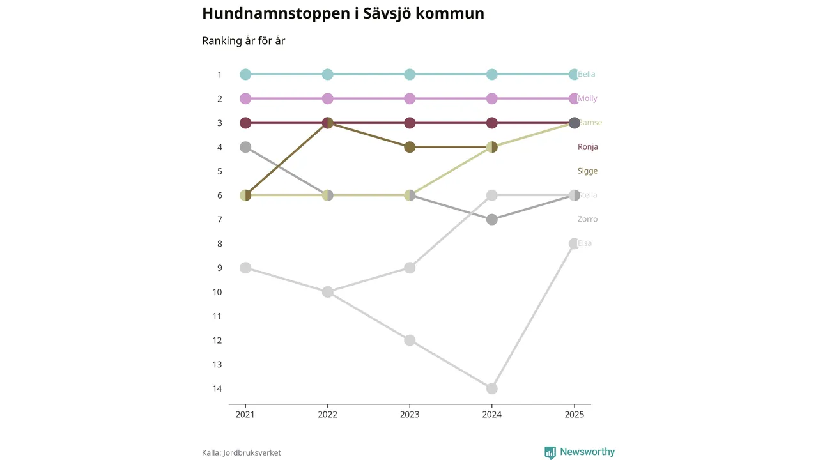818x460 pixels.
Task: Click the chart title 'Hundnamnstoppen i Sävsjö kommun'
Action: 343,13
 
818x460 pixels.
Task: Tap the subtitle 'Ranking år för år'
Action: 243,41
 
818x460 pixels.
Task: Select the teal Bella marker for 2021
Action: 245,74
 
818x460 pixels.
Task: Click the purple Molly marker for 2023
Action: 410,98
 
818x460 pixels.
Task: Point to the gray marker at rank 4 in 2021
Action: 245,147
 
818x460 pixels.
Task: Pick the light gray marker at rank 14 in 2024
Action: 492,388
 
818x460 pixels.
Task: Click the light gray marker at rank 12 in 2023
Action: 410,340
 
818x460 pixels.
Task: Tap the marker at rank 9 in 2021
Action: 245,268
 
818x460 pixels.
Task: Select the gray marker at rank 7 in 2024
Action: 492,219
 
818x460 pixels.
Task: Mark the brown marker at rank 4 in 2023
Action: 410,147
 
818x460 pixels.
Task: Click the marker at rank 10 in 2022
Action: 328,292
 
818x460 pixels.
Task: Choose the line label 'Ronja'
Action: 587,147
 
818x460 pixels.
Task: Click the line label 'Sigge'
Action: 587,171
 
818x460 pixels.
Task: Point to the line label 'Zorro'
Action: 587,219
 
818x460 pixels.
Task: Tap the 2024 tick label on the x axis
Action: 492,414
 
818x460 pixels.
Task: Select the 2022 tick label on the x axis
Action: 328,414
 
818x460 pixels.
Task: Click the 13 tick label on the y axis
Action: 217,364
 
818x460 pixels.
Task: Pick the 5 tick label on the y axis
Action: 219,171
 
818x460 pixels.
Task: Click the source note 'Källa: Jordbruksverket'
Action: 241,452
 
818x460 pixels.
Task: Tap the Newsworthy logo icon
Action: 550,452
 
